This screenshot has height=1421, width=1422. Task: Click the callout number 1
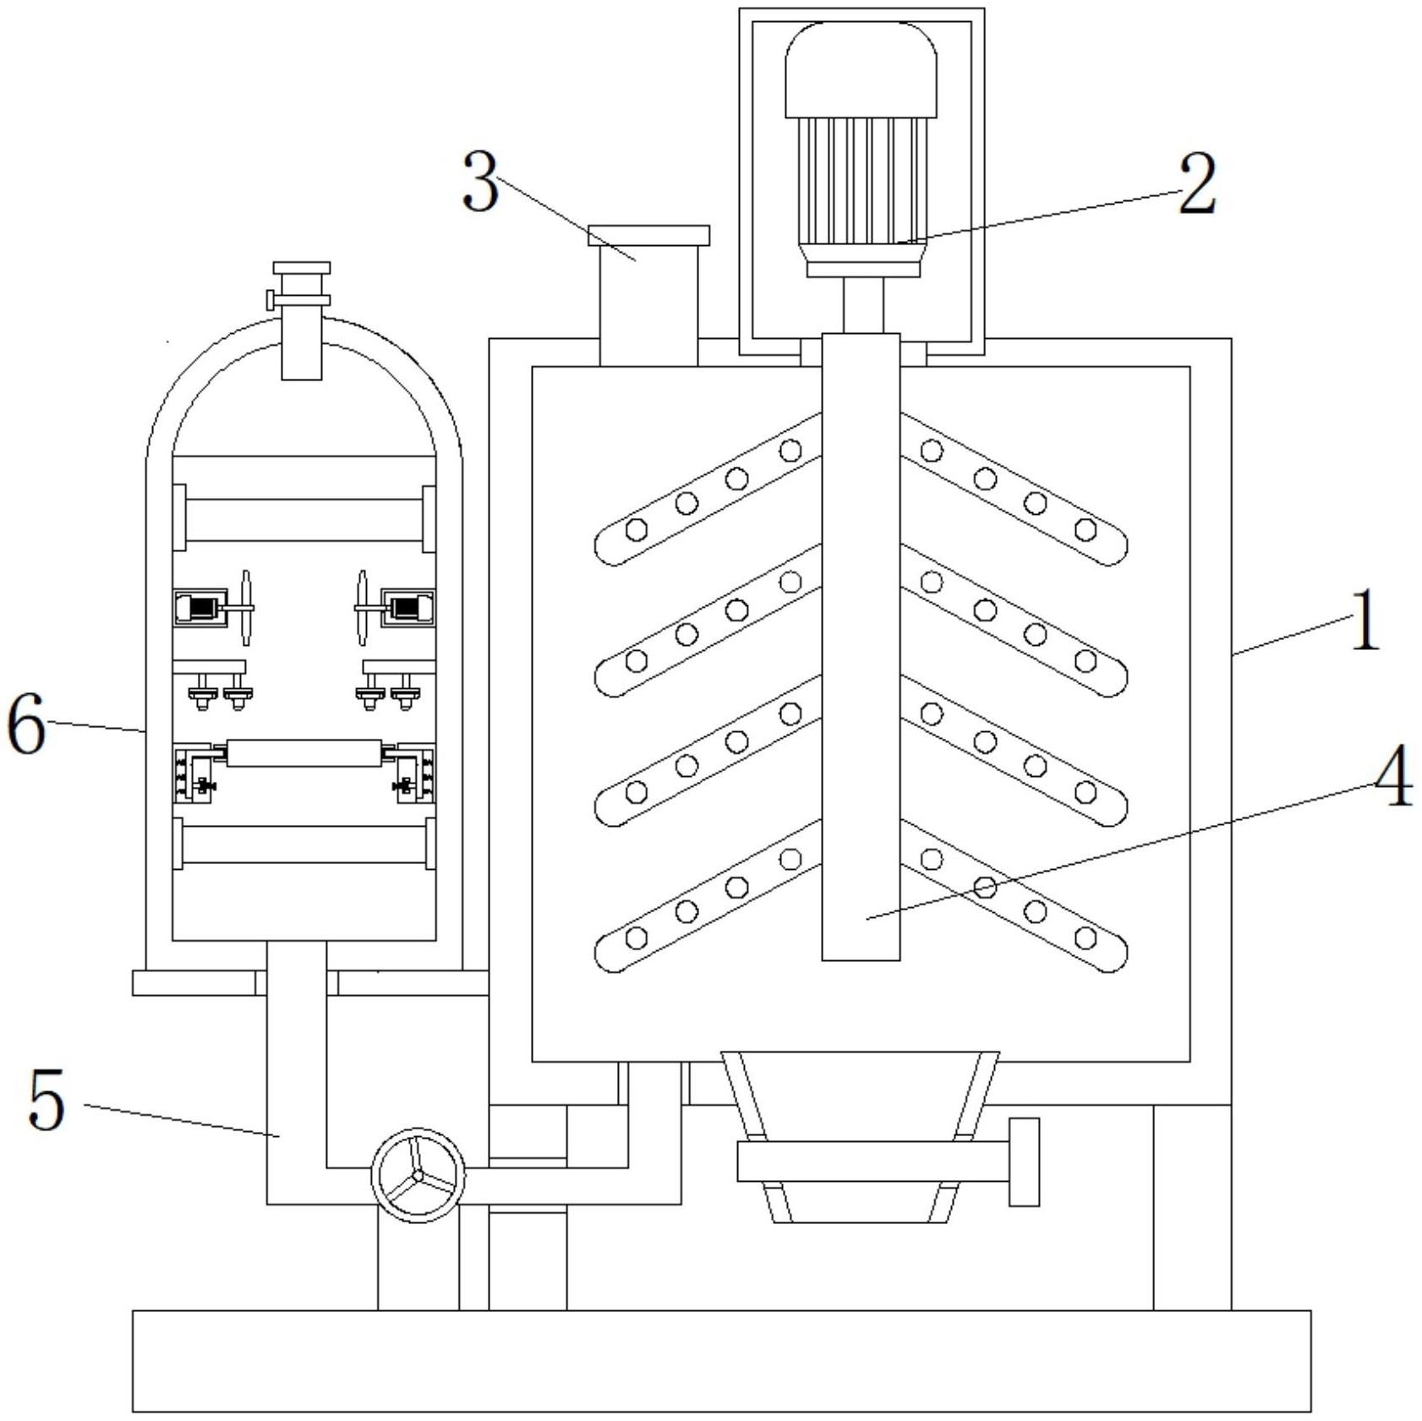point(1364,621)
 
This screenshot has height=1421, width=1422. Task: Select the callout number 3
point(481,183)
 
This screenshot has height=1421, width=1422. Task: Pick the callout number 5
point(46,1099)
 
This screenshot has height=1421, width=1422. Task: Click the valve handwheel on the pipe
point(418,1175)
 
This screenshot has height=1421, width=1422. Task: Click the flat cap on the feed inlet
point(648,235)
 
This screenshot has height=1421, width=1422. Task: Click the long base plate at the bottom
point(721,1360)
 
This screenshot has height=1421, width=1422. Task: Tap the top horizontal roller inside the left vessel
point(304,519)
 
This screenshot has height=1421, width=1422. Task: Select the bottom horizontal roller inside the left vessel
point(304,844)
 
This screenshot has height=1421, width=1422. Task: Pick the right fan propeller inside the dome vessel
point(362,609)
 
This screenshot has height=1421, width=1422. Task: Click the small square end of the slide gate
point(1024,1161)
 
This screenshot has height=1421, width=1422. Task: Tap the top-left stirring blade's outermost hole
point(636,530)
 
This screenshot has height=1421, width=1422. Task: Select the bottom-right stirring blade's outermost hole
point(1086,937)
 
